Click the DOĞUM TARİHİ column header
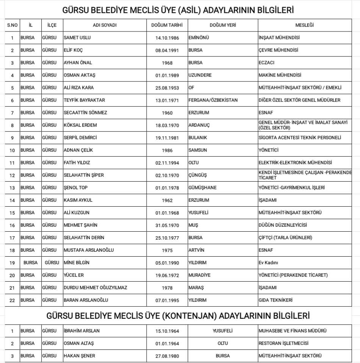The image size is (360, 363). coord(167,25)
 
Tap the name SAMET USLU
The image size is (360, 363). coord(77,38)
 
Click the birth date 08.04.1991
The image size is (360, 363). coord(167,50)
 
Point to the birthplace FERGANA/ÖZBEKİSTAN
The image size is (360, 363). coord(213,100)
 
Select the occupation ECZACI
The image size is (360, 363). coord(266,63)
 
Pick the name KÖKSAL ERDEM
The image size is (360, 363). coord(80,125)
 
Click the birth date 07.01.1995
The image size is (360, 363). coord(167,300)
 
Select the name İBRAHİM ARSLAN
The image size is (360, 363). coord(82,331)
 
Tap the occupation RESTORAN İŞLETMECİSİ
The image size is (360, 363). coord(283,343)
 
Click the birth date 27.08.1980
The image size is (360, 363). coord(167,356)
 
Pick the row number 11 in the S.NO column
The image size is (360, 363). coord(12,163)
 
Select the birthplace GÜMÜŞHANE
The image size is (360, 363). coord(202,188)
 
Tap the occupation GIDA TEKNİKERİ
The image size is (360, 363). coord(275,300)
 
